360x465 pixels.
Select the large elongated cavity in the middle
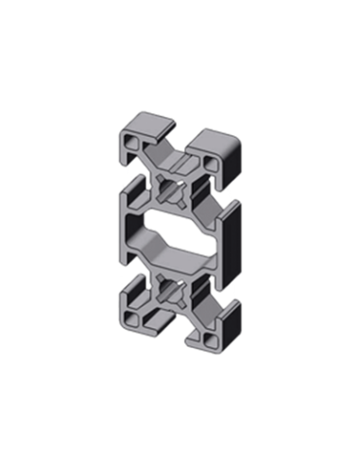175,237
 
